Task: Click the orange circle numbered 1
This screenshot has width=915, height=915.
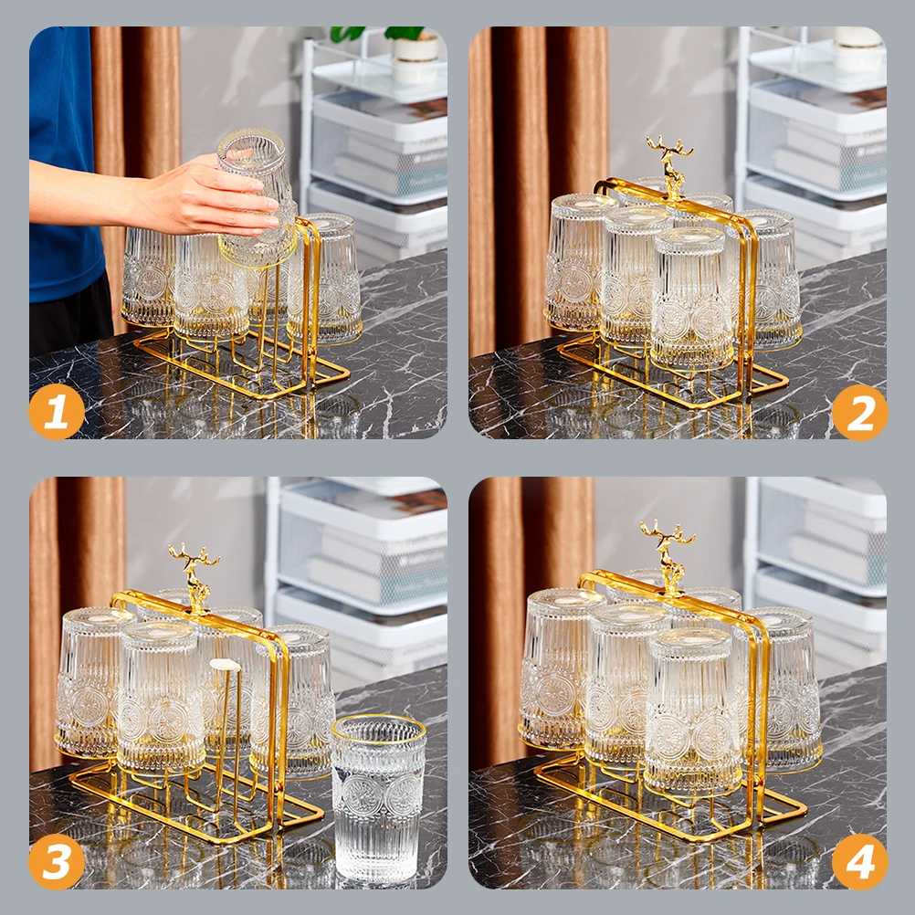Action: point(57,412)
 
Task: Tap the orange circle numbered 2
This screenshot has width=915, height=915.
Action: point(859,412)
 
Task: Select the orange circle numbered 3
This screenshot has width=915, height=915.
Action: point(57,861)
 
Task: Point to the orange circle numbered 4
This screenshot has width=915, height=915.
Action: point(859,861)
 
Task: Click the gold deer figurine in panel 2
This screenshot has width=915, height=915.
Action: point(670,167)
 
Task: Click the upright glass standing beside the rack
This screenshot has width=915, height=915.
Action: point(379,798)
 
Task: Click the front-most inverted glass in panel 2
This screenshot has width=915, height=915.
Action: point(692,298)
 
